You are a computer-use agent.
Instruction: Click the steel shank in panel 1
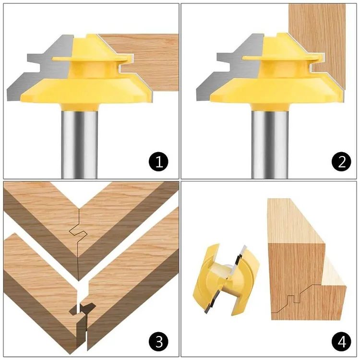point(80,139)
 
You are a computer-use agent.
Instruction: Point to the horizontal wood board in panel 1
point(149,60)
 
